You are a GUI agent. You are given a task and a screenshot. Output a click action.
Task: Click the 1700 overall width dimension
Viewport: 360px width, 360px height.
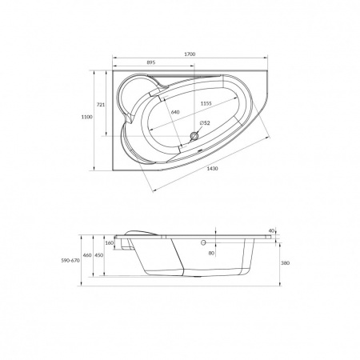[190, 54]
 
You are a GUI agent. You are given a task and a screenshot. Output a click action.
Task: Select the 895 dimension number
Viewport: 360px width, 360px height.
[151, 62]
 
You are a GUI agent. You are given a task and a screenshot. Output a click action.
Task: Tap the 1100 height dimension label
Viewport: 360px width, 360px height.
[87, 117]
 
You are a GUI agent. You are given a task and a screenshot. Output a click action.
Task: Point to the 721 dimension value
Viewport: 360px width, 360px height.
[101, 105]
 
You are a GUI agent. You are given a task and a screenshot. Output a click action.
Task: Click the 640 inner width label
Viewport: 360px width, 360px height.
[175, 112]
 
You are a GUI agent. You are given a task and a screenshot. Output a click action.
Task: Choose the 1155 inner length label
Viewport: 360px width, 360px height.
[206, 103]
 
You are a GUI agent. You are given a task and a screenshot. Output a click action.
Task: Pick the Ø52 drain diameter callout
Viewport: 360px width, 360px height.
[205, 123]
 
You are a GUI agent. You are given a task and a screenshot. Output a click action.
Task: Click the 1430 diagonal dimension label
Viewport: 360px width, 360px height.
[213, 169]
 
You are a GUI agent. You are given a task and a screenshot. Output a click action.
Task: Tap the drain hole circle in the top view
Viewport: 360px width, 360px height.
[194, 137]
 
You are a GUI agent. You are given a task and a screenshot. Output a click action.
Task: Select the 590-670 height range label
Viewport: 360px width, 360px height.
[70, 261]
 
